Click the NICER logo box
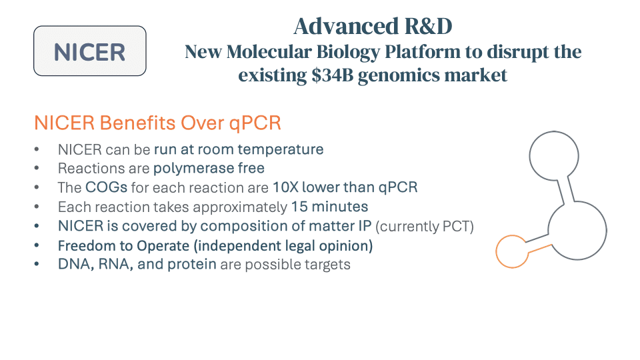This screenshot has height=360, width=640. click(x=90, y=51)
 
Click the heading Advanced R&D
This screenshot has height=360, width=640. click(x=373, y=26)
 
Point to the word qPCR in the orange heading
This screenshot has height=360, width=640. click(x=255, y=123)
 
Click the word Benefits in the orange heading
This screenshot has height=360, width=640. click(x=137, y=123)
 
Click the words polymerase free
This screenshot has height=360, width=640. click(x=209, y=168)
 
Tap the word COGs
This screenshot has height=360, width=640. click(x=107, y=187)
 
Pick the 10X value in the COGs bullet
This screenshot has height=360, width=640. click(x=285, y=187)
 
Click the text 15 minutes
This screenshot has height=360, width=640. click(x=329, y=207)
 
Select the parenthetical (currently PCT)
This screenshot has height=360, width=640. click(x=425, y=226)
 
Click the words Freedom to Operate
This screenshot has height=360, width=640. click(x=124, y=246)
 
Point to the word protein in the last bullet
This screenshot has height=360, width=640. click(x=192, y=265)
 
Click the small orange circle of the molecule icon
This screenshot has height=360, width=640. click(x=496, y=251)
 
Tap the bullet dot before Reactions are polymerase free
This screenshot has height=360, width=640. click(x=37, y=168)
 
